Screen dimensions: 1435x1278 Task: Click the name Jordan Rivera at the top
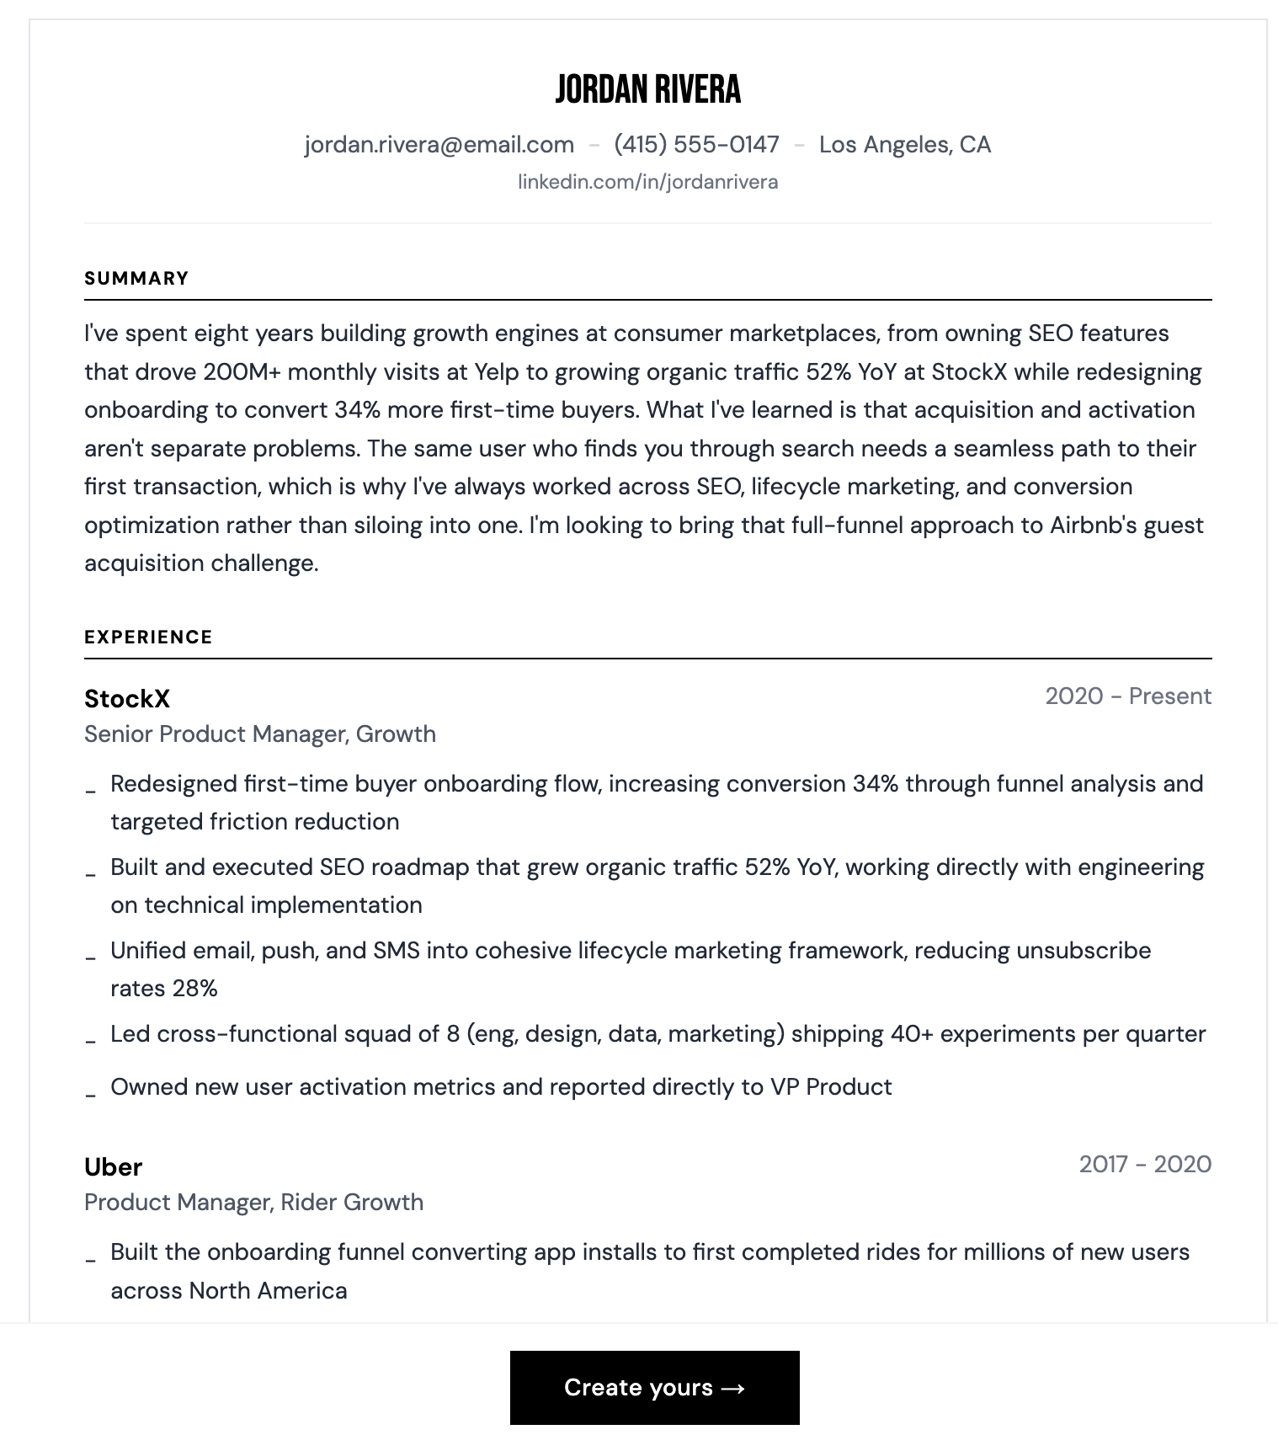click(x=647, y=89)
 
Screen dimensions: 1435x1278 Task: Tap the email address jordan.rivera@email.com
click(x=439, y=145)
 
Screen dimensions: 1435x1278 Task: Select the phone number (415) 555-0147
click(x=696, y=145)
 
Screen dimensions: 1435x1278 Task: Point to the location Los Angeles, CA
click(x=904, y=145)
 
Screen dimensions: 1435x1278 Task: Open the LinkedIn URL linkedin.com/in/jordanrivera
click(x=647, y=182)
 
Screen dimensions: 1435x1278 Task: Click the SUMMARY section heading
click(x=136, y=279)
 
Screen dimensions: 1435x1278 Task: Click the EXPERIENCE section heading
click(x=148, y=637)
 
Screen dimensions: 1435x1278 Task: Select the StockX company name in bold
click(x=127, y=699)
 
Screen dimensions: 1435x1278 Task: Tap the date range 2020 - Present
click(x=1127, y=696)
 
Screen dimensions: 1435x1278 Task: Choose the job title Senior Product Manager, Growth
click(x=260, y=734)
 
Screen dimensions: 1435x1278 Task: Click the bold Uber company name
click(x=114, y=1167)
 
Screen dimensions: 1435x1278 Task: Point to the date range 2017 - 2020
click(x=1145, y=1165)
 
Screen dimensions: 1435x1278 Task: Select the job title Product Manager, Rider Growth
click(x=253, y=1203)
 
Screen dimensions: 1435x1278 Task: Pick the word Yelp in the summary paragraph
click(x=497, y=372)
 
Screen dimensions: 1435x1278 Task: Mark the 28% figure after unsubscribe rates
click(x=194, y=989)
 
